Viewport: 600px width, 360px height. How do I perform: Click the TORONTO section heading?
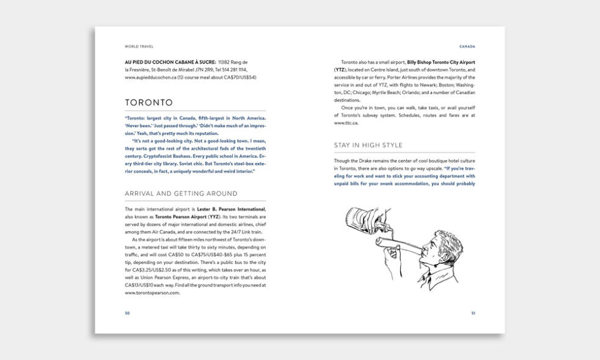[x=148, y=103]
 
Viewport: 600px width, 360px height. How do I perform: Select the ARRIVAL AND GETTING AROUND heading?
[x=181, y=194]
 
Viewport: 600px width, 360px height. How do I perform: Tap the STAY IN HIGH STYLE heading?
[x=368, y=145]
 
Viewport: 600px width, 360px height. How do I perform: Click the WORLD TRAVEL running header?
[x=139, y=46]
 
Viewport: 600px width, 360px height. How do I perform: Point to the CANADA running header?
[x=467, y=46]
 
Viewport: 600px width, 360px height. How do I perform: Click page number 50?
[x=127, y=313]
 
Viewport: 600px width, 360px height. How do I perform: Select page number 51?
[x=472, y=313]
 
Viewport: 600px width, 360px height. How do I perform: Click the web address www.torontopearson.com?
[x=152, y=293]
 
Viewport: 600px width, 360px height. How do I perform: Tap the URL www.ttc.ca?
[x=346, y=123]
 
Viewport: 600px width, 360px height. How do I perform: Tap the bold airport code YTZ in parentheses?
[x=340, y=70]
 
